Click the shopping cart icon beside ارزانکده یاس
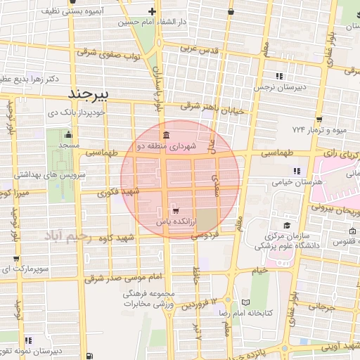[x=175, y=210]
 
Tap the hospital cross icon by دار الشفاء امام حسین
[x=153, y=11]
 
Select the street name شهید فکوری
[x=117, y=191]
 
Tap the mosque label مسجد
[x=68, y=144]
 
